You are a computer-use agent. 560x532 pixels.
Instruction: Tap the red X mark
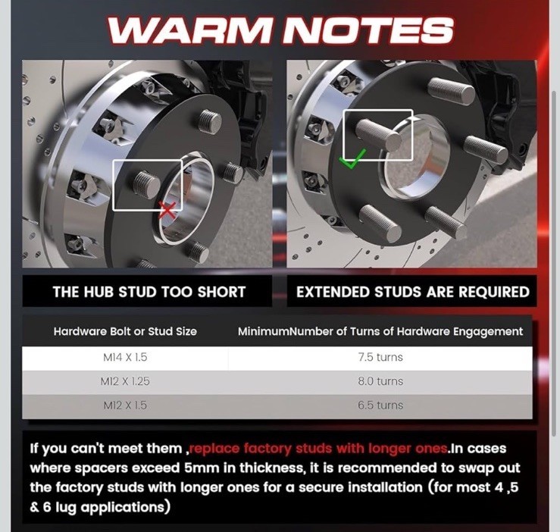pyautogui.click(x=167, y=210)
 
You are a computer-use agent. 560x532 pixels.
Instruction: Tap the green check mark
pyautogui.click(x=352, y=159)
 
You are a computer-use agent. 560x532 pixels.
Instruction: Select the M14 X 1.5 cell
pyautogui.click(x=125, y=357)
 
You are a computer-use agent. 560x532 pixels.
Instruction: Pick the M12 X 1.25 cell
pyautogui.click(x=125, y=381)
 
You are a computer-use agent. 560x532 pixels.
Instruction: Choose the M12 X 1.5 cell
pyautogui.click(x=125, y=405)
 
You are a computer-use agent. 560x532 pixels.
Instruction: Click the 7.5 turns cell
pyautogui.click(x=380, y=357)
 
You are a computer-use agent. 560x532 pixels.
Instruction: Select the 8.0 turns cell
pyautogui.click(x=380, y=381)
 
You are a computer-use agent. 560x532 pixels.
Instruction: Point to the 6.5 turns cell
pyautogui.click(x=380, y=405)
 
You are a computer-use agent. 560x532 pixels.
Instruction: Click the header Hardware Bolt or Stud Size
pyautogui.click(x=125, y=332)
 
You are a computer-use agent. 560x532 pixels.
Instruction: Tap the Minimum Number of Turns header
pyautogui.click(x=380, y=332)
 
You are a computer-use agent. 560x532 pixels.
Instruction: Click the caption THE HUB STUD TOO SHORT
pyautogui.click(x=149, y=292)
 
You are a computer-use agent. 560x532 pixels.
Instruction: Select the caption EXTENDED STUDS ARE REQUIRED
pyautogui.click(x=413, y=292)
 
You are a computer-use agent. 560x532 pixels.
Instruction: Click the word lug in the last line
pyautogui.click(x=66, y=508)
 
